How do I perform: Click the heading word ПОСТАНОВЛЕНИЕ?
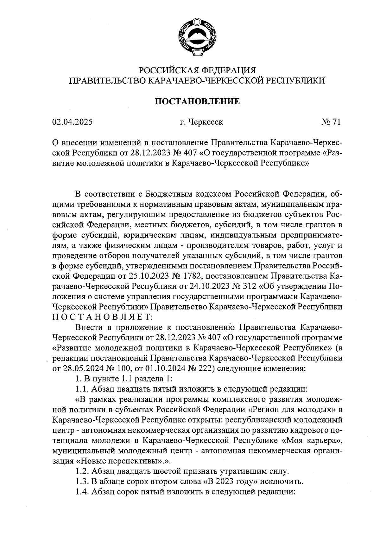click(x=197, y=101)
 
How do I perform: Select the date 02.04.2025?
click(x=72, y=122)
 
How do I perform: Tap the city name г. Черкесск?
click(x=201, y=122)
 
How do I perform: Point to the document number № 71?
click(x=330, y=122)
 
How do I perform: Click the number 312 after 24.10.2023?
click(x=250, y=286)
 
